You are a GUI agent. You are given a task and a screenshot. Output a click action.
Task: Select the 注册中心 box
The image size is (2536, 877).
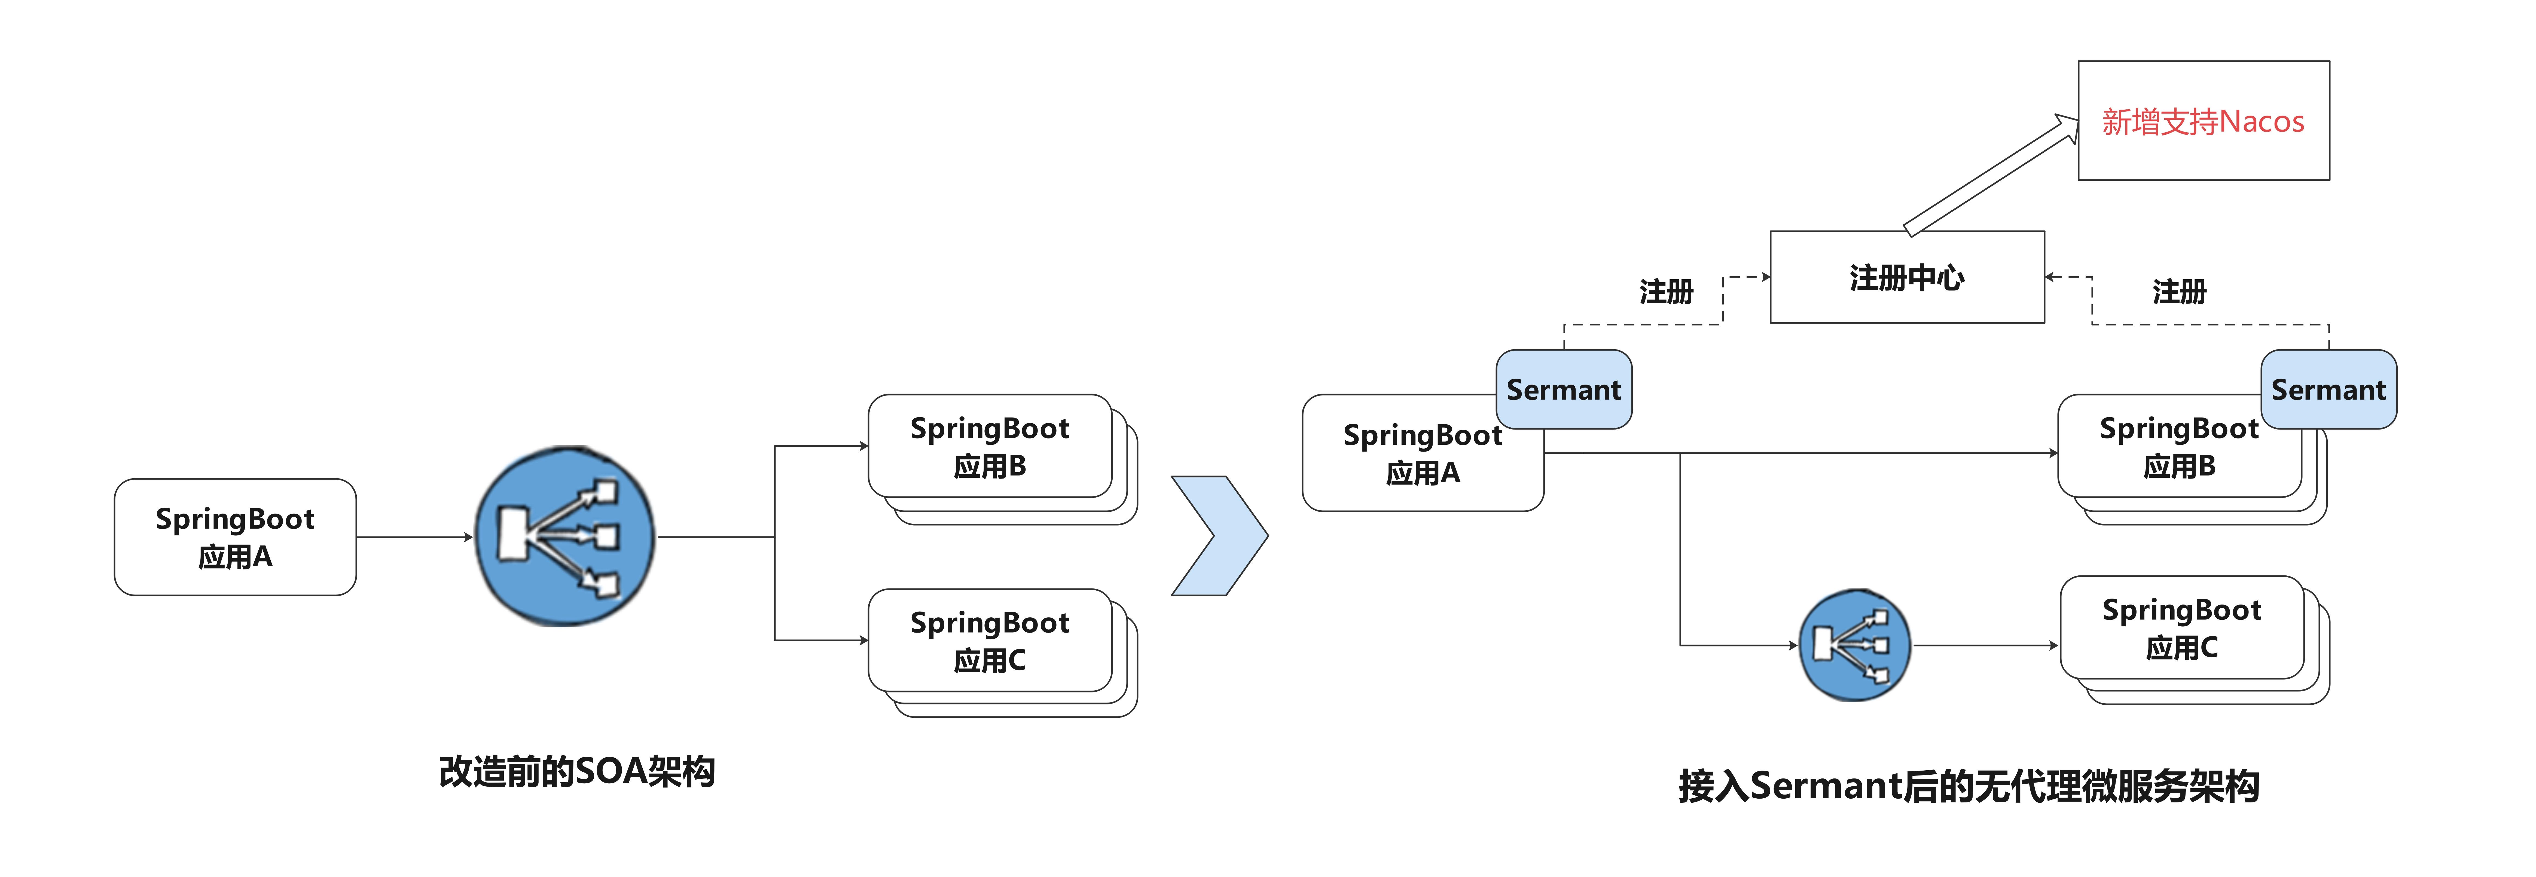[x=1906, y=278]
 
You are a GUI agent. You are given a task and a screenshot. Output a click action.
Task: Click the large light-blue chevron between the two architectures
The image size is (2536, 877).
[x=1219, y=536]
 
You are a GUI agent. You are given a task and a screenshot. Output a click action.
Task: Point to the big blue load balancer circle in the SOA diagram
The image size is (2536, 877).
[x=564, y=536]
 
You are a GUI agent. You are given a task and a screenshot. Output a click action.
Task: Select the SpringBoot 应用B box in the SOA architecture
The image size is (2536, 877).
[x=989, y=447]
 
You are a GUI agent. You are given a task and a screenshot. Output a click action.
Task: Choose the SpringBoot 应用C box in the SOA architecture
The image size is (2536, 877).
[x=989, y=641]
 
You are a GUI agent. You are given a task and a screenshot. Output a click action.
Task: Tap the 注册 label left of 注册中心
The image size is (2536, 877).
[x=1666, y=291]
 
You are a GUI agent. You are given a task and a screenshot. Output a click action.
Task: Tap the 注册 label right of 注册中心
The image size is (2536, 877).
[x=2179, y=291]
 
